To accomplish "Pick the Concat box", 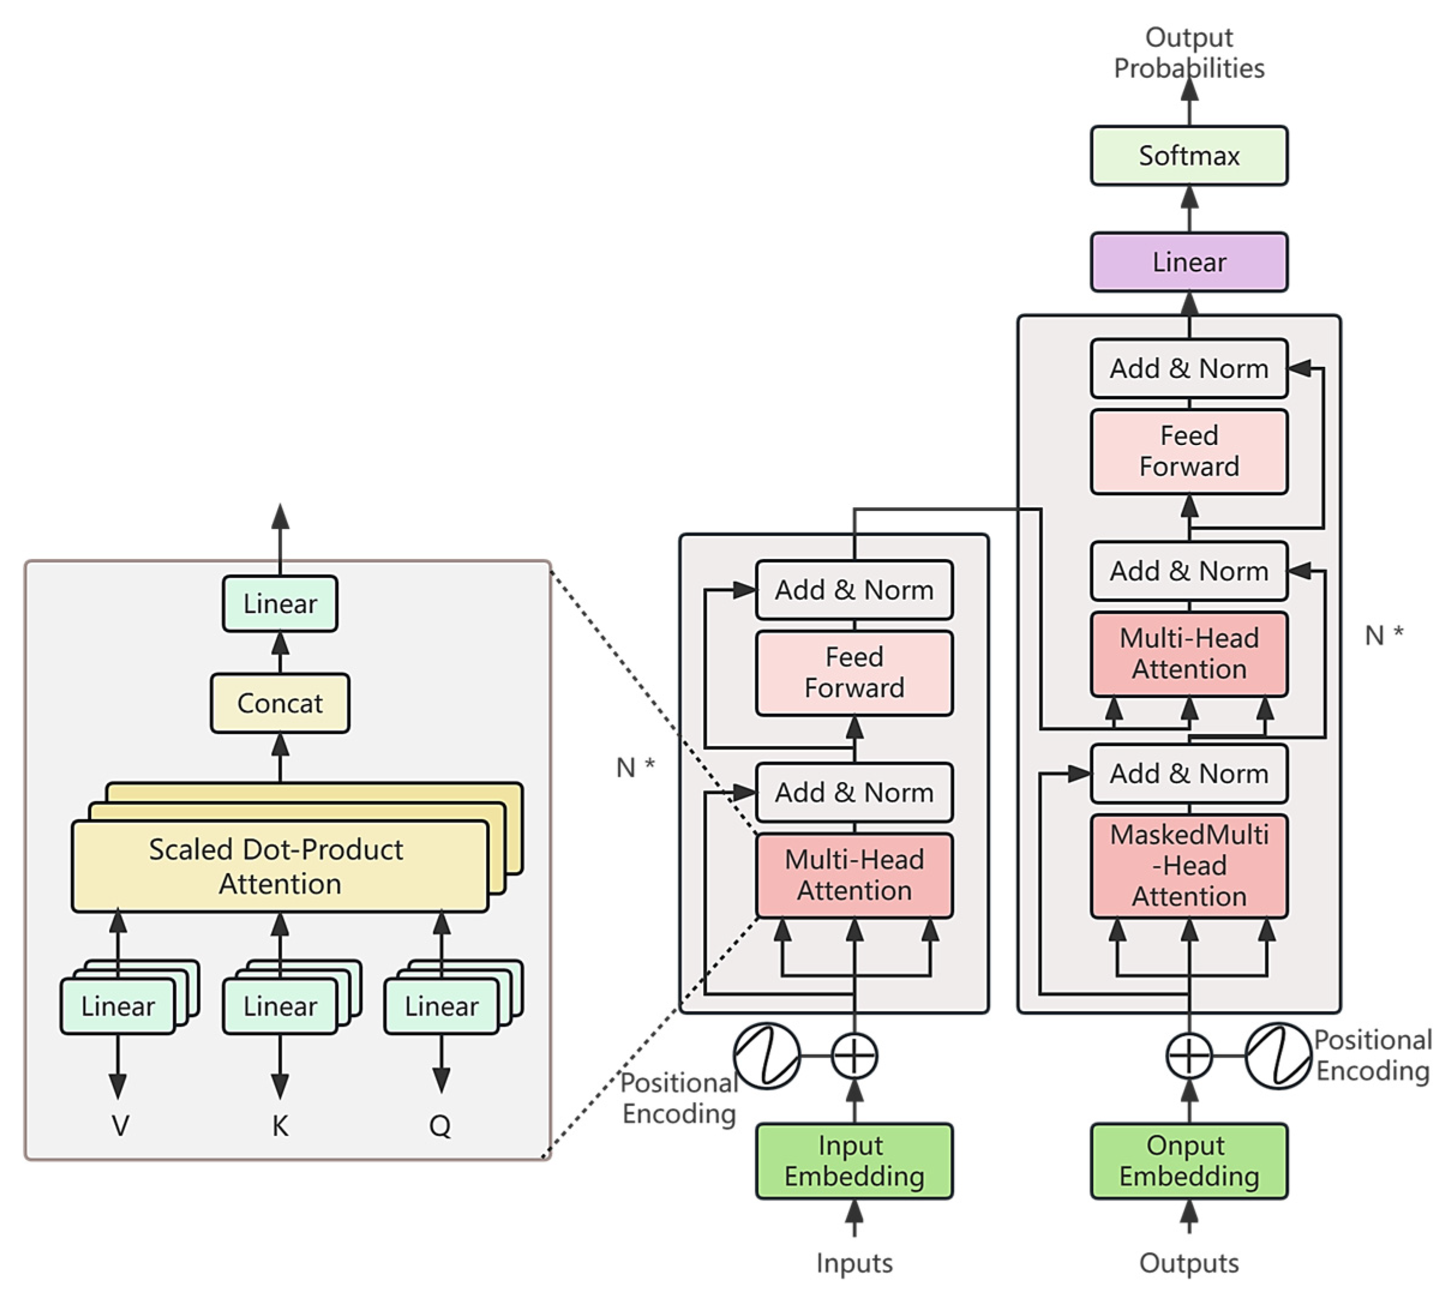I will point(280,703).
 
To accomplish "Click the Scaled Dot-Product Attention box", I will point(280,866).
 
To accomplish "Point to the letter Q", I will point(440,1126).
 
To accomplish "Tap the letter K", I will point(280,1126).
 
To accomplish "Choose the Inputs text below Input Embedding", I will point(854,1262).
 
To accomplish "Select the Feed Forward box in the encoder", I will point(854,672).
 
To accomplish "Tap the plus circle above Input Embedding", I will point(854,1055).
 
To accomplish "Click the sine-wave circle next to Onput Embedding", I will point(1278,1055).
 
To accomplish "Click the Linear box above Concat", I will point(280,604).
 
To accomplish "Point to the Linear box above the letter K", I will point(280,1007).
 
